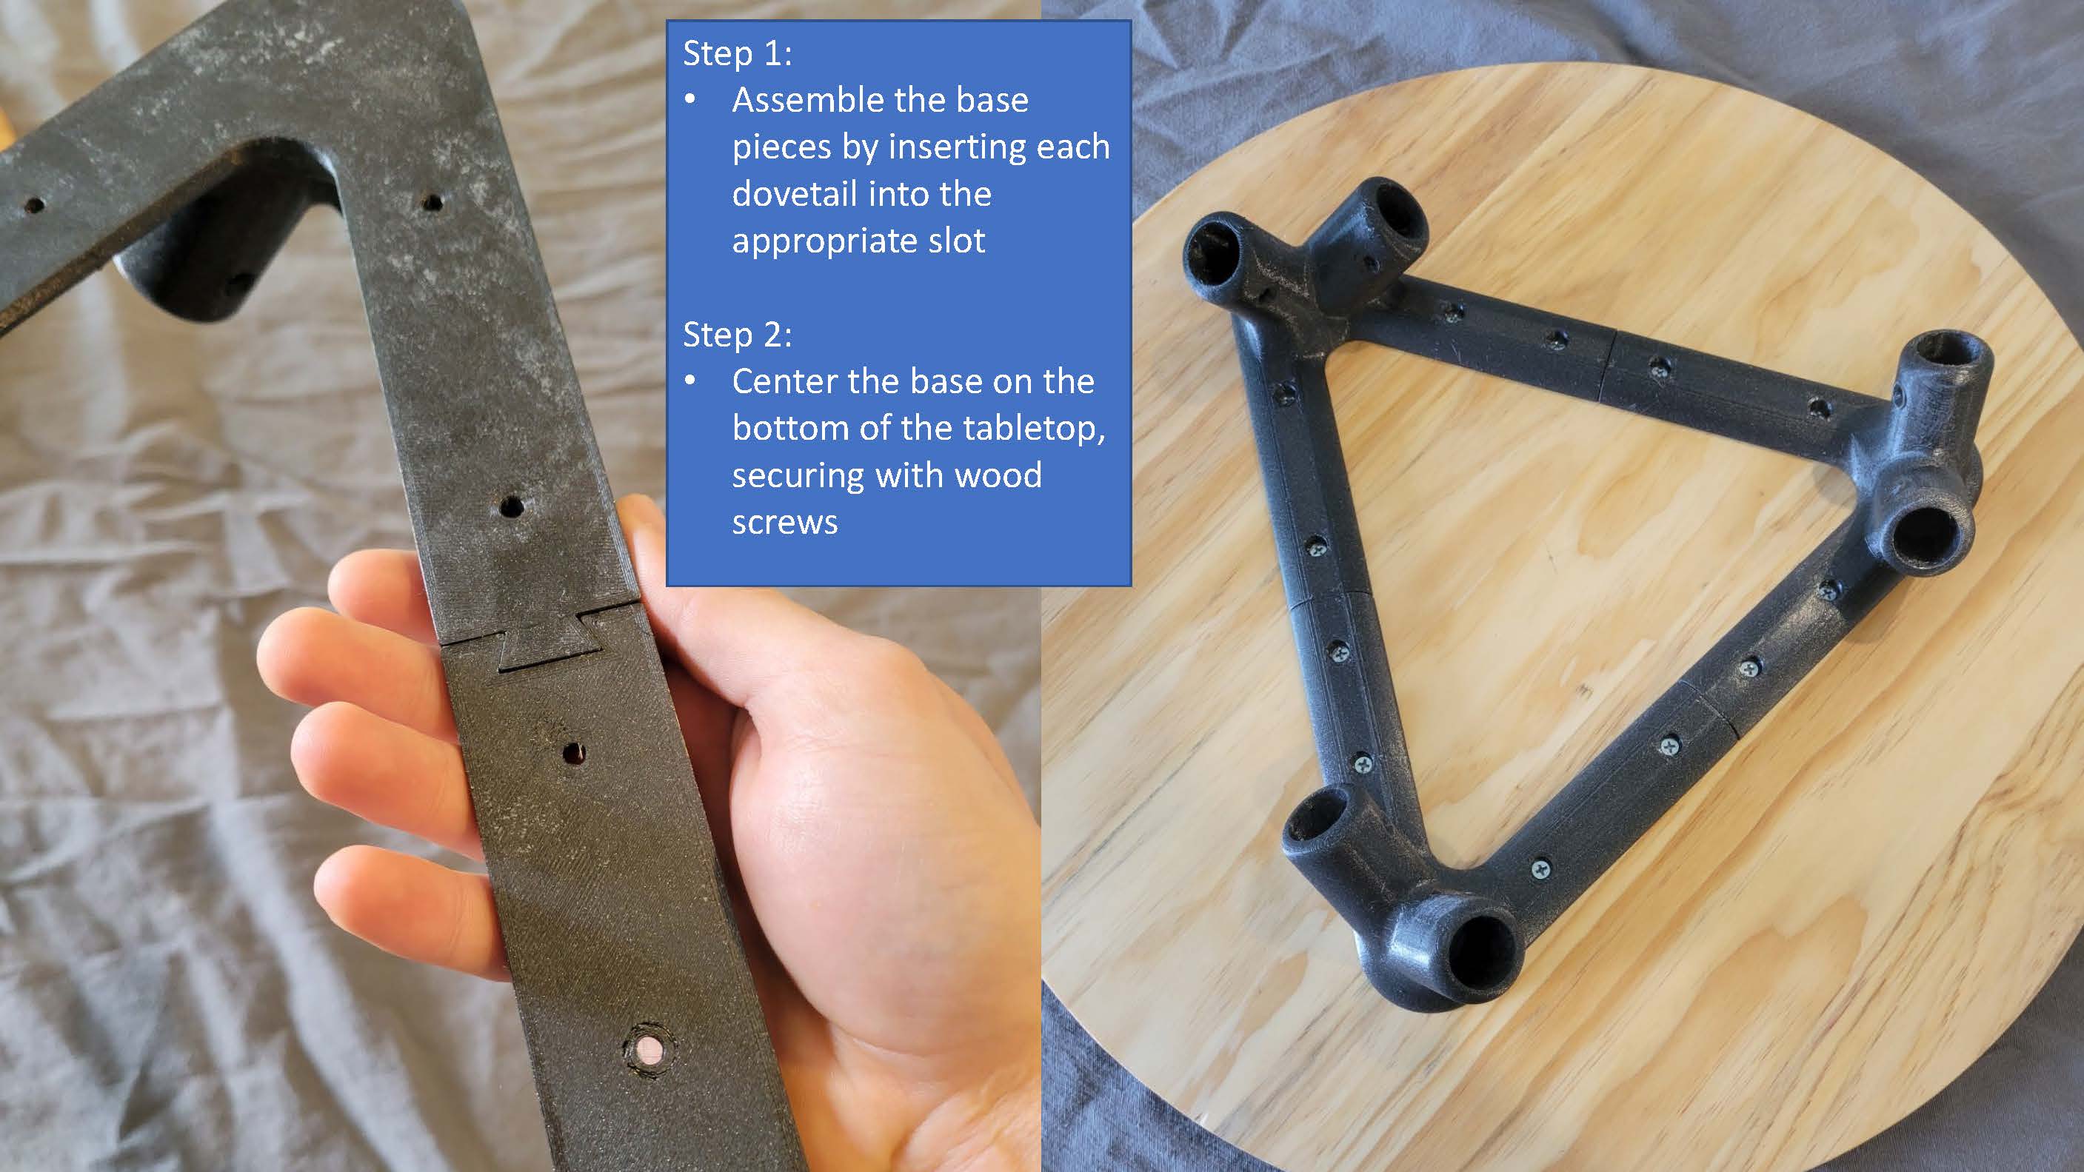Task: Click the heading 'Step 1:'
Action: pyautogui.click(x=737, y=53)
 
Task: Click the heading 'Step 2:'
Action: pyautogui.click(x=737, y=335)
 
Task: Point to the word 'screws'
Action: pyautogui.click(x=785, y=523)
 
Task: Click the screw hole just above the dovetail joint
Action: pyautogui.click(x=510, y=508)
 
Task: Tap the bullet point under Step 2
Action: pyautogui.click(x=690, y=382)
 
